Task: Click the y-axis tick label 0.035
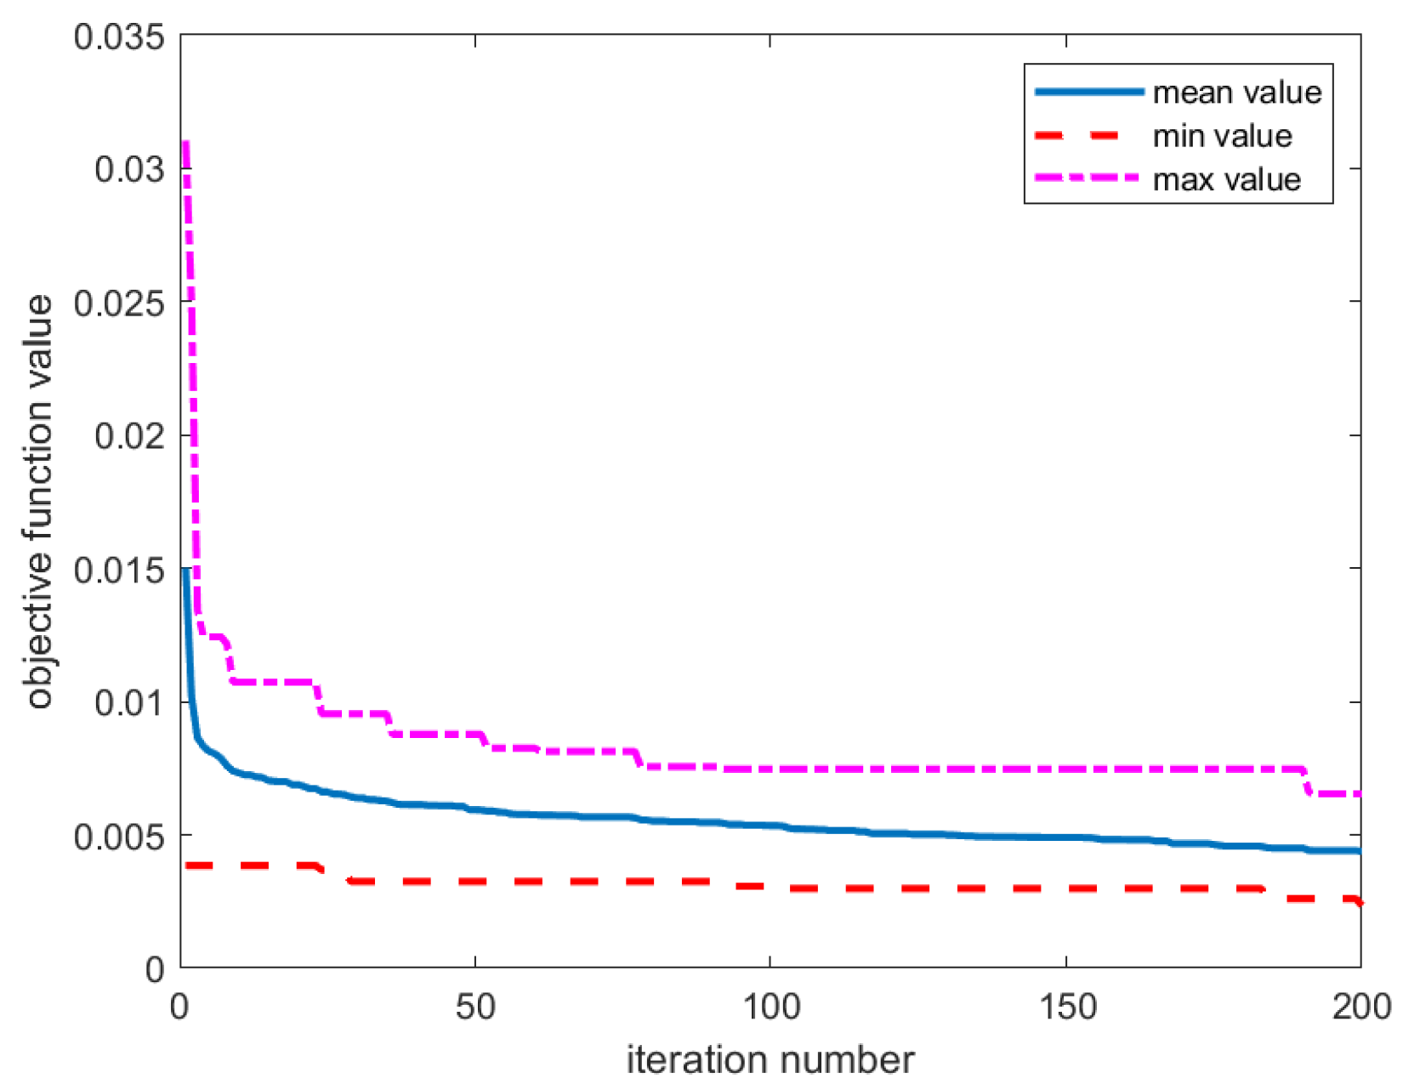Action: click(x=119, y=37)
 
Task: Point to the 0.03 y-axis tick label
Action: click(x=129, y=169)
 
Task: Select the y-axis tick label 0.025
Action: click(x=119, y=303)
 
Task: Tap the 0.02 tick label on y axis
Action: click(x=129, y=436)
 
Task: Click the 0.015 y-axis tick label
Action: click(x=119, y=570)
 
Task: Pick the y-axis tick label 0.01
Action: click(x=129, y=703)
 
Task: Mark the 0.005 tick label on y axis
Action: click(x=119, y=837)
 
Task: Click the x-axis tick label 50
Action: click(x=474, y=1007)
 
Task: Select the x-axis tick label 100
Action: click(x=770, y=1007)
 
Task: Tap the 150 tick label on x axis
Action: click(x=1066, y=1007)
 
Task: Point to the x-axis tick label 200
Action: click(x=1360, y=1007)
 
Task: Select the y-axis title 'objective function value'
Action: click(x=39, y=502)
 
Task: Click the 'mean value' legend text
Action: click(x=1237, y=92)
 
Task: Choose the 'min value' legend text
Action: click(x=1222, y=136)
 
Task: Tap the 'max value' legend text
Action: click(x=1226, y=179)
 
